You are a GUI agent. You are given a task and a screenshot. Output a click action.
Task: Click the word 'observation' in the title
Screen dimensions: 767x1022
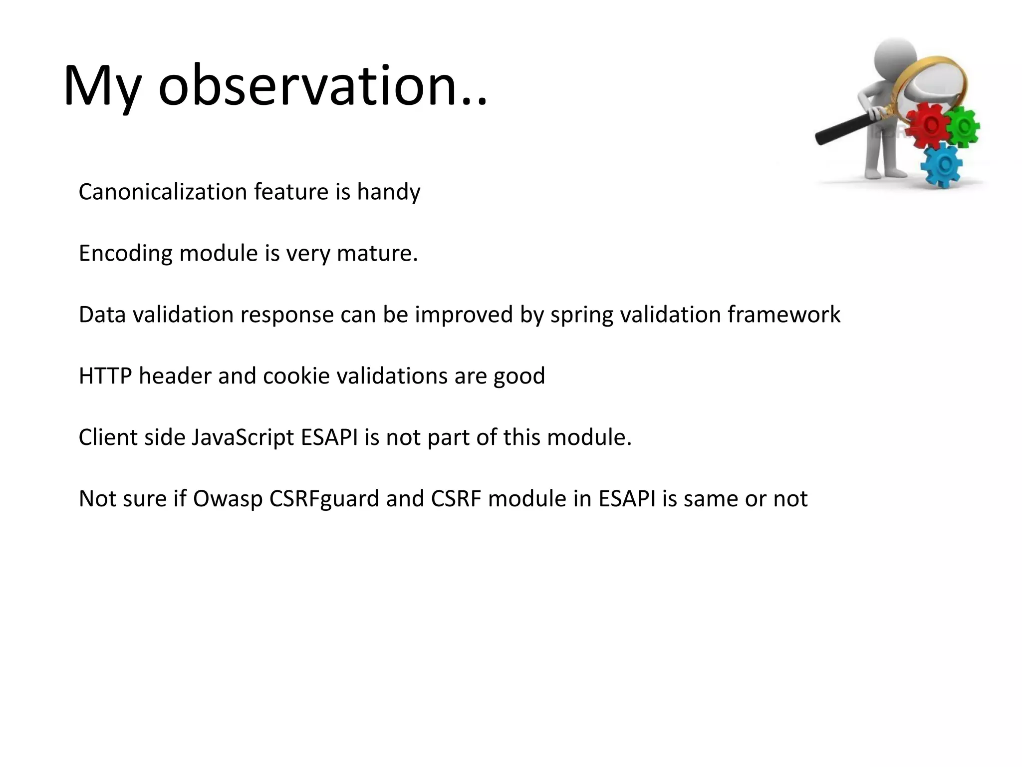pyautogui.click(x=307, y=86)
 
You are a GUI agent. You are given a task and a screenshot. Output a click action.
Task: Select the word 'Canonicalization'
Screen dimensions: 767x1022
pyautogui.click(x=163, y=192)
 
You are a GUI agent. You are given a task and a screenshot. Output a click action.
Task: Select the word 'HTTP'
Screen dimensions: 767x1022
pyautogui.click(x=105, y=376)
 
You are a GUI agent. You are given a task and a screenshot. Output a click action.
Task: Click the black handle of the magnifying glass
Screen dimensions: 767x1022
pyautogui.click(x=843, y=129)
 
